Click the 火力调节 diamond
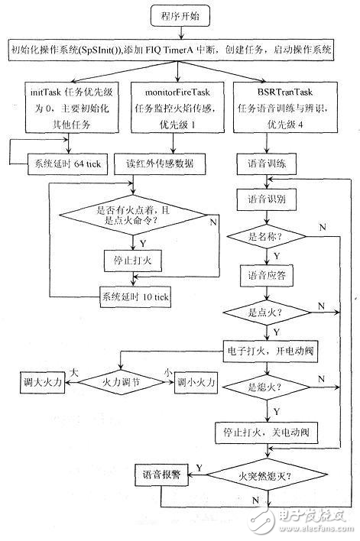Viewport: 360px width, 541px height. pyautogui.click(x=128, y=379)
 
